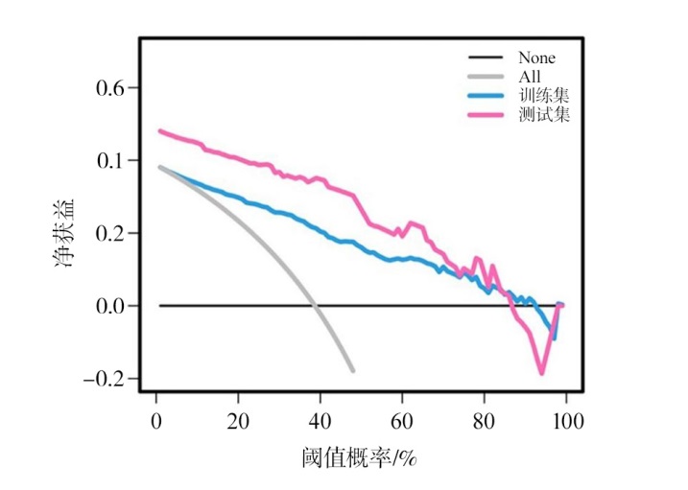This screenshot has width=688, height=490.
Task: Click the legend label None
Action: [536, 58]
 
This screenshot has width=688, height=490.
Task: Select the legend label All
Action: [529, 76]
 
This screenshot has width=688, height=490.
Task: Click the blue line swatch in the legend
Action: [488, 96]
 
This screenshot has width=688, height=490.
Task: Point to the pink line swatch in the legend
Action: [488, 115]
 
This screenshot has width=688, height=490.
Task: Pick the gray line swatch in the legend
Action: [488, 77]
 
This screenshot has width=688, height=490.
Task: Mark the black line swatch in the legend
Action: [488, 58]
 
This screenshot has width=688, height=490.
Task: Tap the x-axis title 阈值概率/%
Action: [360, 458]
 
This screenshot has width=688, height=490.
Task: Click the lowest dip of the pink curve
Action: [542, 373]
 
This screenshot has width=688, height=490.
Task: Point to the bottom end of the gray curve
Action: [353, 370]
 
